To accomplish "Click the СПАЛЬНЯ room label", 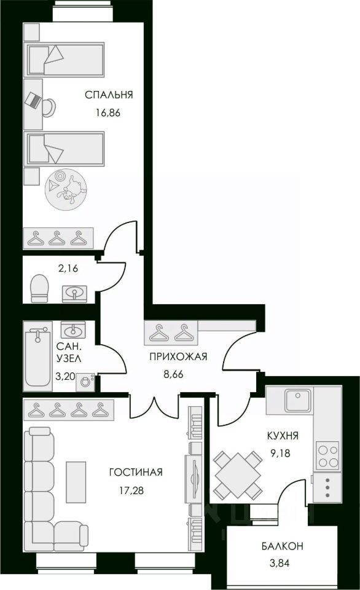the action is [109, 95].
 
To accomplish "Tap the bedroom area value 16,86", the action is [108, 113].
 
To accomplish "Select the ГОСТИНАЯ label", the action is [136, 472].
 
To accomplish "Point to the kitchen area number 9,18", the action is [280, 453].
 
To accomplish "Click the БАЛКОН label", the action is [283, 546].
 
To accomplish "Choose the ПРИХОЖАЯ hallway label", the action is [178, 356].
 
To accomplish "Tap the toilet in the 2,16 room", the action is [39, 288].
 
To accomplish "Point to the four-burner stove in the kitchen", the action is [327, 455].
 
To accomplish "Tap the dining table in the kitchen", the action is [238, 475].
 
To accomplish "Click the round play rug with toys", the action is [63, 189].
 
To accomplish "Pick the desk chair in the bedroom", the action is [49, 106].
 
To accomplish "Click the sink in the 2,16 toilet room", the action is [74, 293].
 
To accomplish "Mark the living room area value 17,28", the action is [131, 490].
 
